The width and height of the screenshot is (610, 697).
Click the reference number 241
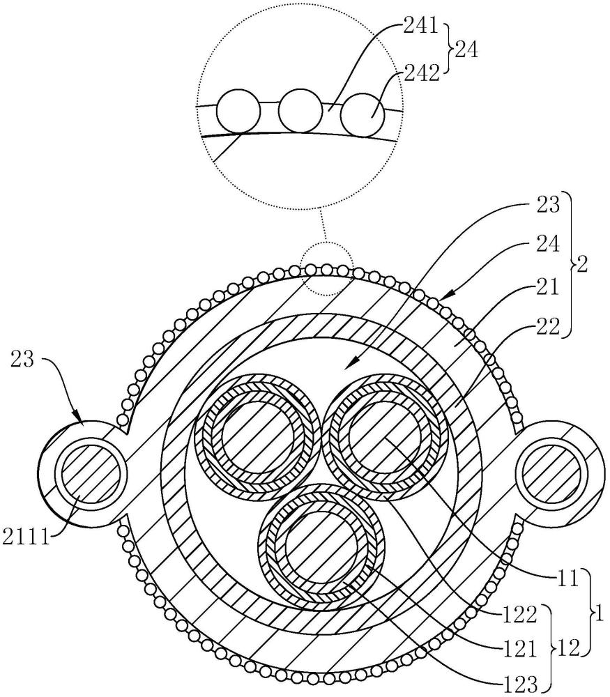[420, 27]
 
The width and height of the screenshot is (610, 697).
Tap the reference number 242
[422, 72]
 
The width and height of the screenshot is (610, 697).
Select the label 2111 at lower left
[26, 537]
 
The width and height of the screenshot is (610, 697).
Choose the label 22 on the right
[548, 327]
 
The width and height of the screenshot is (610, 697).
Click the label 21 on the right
[548, 288]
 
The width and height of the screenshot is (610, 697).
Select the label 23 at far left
[22, 359]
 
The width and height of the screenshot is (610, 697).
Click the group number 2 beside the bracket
[581, 265]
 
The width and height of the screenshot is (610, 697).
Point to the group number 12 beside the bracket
[567, 649]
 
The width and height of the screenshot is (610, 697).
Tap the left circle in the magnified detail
[238, 111]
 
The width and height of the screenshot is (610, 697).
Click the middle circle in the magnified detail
[300, 111]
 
